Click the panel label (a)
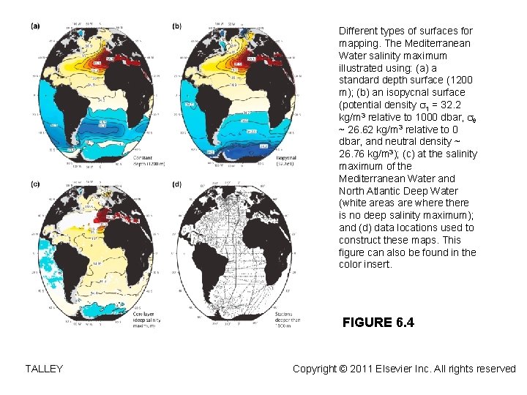tap(35, 26)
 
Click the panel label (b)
tap(177, 26)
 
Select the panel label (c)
tap(35, 184)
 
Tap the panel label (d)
tap(177, 184)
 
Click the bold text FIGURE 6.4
tap(378, 323)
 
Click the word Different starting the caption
tap(359, 31)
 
